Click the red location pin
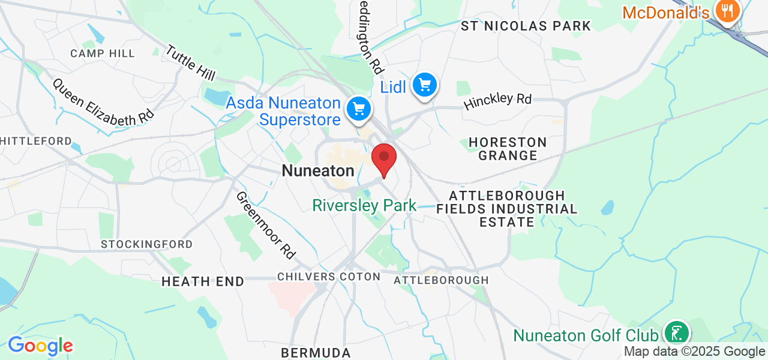pyautogui.click(x=384, y=159)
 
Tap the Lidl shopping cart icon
pyautogui.click(x=425, y=85)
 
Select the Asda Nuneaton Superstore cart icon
pyautogui.click(x=359, y=109)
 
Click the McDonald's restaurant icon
pyautogui.click(x=727, y=11)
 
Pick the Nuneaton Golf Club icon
pyautogui.click(x=677, y=334)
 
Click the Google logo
pyautogui.click(x=40, y=346)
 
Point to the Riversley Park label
pyautogui.click(x=364, y=206)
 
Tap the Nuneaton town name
pyautogui.click(x=318, y=170)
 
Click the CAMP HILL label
pyautogui.click(x=103, y=53)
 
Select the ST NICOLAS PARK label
pyautogui.click(x=526, y=26)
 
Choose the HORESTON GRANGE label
pyautogui.click(x=508, y=149)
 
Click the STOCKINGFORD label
pyautogui.click(x=147, y=244)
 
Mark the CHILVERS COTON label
pyautogui.click(x=329, y=277)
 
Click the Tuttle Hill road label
pyautogui.click(x=190, y=62)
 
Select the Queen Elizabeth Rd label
pyautogui.click(x=103, y=102)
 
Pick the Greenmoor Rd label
pyautogui.click(x=266, y=225)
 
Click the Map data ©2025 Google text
pyautogui.click(x=694, y=352)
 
